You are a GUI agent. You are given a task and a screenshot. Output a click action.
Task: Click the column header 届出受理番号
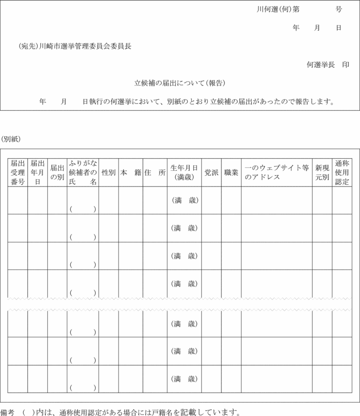click(x=18, y=172)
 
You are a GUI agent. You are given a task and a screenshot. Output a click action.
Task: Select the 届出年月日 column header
click(x=38, y=172)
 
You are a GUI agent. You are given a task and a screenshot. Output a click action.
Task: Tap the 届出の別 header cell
click(x=57, y=172)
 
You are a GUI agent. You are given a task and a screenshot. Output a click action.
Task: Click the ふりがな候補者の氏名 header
click(x=83, y=172)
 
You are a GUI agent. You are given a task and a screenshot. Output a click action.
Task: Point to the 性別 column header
click(x=108, y=173)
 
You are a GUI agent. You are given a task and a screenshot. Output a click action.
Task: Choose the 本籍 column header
click(x=130, y=173)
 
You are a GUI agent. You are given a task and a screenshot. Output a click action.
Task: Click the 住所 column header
click(x=155, y=173)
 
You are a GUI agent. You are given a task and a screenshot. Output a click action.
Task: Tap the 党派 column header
click(x=211, y=173)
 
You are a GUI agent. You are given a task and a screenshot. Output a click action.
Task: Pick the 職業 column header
click(x=231, y=173)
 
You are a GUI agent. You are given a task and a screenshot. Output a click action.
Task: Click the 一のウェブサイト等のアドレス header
click(x=277, y=172)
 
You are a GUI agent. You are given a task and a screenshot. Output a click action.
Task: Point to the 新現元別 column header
click(x=322, y=172)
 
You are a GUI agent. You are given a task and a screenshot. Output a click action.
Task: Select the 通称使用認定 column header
click(x=342, y=172)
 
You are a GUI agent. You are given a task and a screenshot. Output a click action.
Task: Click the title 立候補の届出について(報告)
click(x=180, y=83)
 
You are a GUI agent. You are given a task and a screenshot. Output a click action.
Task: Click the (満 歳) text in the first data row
click(x=184, y=200)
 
